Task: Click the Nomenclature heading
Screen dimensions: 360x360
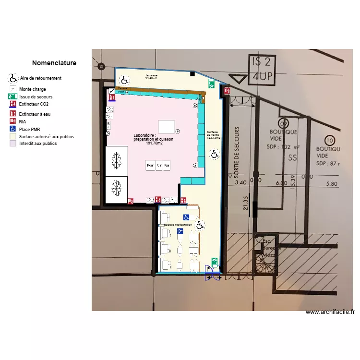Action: pos(54,63)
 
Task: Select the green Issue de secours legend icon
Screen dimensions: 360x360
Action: pos(13,96)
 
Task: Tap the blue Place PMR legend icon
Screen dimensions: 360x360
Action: pos(13,129)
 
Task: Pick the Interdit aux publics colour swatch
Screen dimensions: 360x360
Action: pos(13,143)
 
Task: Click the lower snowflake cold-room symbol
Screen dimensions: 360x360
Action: pos(116,188)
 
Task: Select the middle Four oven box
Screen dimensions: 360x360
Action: pos(158,166)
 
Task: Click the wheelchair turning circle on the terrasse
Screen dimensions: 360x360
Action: pos(124,80)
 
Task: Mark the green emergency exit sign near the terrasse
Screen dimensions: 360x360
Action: pos(211,84)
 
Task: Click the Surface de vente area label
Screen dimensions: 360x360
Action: pos(212,135)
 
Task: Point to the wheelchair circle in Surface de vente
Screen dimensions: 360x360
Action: pos(214,154)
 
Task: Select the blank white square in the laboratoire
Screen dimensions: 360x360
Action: pos(166,126)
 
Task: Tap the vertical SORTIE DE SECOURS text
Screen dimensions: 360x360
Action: pos(236,153)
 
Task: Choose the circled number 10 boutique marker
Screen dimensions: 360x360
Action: pos(329,140)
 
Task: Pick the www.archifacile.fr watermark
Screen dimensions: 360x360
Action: pos(330,312)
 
